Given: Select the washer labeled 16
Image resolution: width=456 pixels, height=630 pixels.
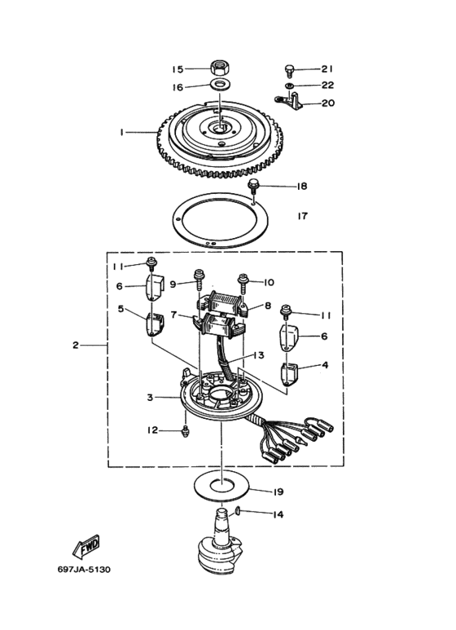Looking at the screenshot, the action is click(x=219, y=86).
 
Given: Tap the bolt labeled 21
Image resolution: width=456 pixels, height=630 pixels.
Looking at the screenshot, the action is click(x=289, y=71).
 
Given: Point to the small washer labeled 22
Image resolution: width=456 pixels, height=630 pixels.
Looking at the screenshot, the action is click(x=289, y=86).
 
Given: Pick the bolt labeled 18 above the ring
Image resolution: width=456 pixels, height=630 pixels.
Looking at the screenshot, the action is click(x=254, y=187).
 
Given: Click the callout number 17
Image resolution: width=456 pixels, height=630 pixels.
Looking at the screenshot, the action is click(x=303, y=216).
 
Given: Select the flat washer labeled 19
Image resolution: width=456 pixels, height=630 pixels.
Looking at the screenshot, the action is click(x=221, y=485).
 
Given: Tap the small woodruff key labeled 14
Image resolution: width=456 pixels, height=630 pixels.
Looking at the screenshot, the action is click(x=237, y=511).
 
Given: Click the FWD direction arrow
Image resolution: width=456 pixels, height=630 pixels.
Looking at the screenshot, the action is click(x=86, y=547).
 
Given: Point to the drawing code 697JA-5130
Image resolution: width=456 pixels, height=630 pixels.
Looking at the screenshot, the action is click(x=84, y=570).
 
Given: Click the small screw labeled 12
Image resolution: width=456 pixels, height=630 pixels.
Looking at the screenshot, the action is click(x=185, y=430).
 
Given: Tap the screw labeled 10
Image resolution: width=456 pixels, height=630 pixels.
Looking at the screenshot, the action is click(x=243, y=283).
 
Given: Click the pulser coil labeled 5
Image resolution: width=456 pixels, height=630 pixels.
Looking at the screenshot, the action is click(x=155, y=325).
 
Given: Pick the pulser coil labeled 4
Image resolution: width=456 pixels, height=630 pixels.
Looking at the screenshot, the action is click(x=287, y=374).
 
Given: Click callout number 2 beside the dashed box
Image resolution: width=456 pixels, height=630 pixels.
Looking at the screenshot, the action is click(x=76, y=345).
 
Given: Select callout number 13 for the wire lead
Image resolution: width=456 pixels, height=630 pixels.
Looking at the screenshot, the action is click(x=259, y=355).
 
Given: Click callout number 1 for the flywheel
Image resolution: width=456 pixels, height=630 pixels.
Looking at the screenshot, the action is click(x=121, y=132).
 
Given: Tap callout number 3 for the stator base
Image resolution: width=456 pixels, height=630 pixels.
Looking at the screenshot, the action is click(x=150, y=398).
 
